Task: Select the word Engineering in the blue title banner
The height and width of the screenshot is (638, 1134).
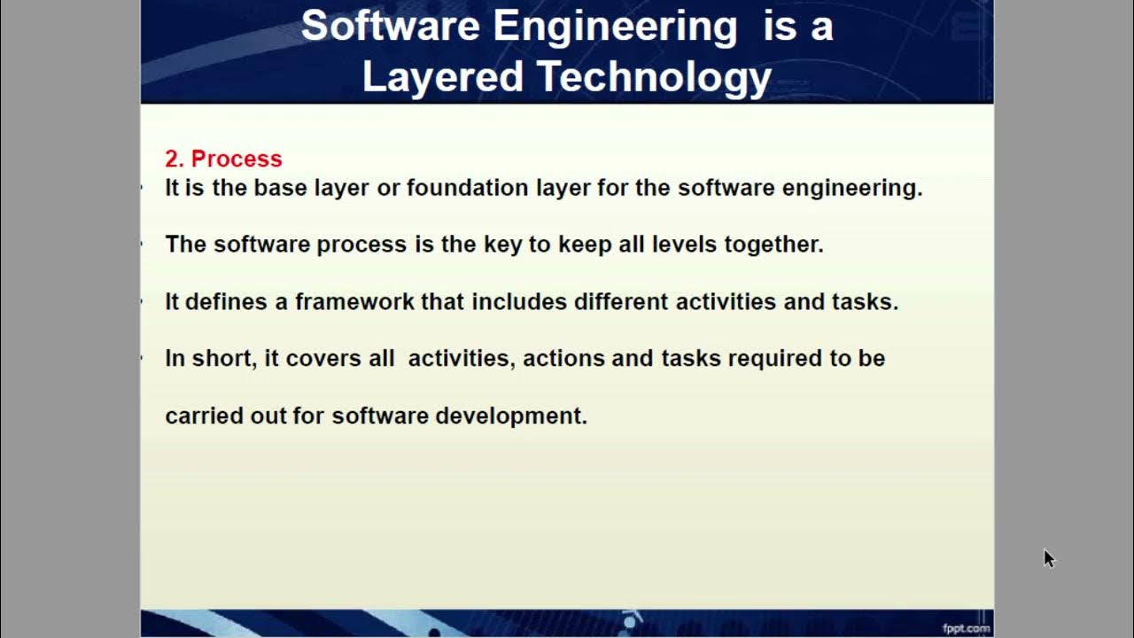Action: click(615, 26)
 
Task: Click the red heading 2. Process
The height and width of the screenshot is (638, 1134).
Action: click(223, 159)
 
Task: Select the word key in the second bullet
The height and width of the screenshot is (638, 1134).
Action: click(502, 245)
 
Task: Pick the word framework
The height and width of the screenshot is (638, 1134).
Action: click(354, 301)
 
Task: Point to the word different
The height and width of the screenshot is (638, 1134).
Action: click(621, 301)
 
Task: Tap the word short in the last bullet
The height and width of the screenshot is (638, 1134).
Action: click(221, 359)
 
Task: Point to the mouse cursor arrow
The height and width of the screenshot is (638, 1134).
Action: click(1049, 557)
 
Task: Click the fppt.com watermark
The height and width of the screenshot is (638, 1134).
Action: click(965, 628)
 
